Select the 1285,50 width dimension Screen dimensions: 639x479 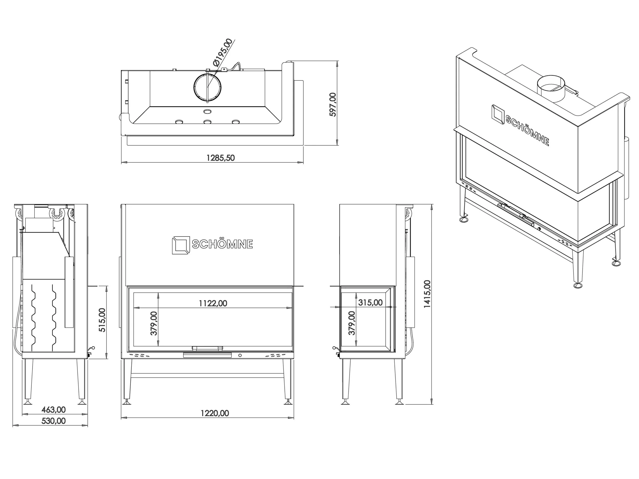[221, 158]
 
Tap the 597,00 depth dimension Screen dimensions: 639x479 [333, 105]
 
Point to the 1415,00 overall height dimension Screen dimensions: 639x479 [427, 294]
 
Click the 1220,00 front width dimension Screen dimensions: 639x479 [215, 413]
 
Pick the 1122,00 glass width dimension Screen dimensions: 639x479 [213, 303]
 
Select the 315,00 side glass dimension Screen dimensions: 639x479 [370, 303]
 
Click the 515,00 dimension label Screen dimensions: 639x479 [102, 320]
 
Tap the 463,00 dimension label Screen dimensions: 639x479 [53, 409]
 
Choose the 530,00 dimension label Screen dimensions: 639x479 [53, 421]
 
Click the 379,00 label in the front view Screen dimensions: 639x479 [154, 323]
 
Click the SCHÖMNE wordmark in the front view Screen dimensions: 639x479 [222, 244]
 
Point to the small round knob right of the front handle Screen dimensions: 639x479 [240, 356]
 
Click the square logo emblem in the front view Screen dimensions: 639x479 [181, 245]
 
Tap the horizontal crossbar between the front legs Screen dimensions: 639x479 [207, 375]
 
